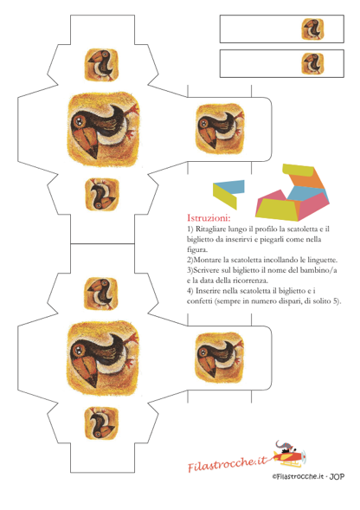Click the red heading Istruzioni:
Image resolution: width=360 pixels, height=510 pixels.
point(209,217)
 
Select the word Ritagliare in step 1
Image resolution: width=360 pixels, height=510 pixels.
point(211,229)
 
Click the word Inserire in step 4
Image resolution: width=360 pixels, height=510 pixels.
point(209,291)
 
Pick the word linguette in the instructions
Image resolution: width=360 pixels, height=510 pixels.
point(322,261)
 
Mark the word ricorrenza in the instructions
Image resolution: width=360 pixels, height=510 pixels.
point(252,281)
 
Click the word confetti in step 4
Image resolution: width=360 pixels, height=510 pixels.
point(200,301)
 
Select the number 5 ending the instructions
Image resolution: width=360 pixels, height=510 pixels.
point(336,301)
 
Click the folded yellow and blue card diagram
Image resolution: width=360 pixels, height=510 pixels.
point(228,194)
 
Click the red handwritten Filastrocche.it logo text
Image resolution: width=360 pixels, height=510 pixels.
point(227,464)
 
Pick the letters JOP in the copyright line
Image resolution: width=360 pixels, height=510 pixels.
point(337,477)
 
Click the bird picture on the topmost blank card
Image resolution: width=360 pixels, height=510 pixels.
point(312,29)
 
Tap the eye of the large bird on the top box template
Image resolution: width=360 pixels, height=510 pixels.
point(79,121)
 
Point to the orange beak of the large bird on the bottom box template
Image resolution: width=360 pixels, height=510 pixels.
point(87,371)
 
